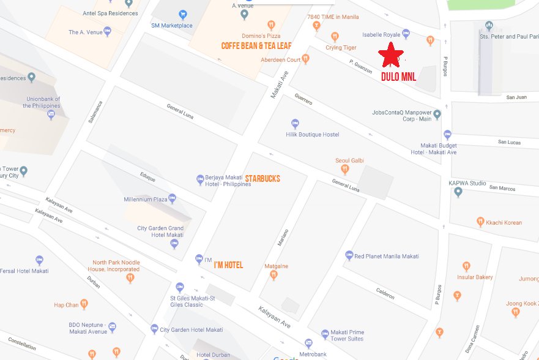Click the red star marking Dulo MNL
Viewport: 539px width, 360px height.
[x=391, y=55]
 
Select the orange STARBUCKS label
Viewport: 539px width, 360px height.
[x=262, y=179]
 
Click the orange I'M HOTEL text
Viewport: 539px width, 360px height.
[x=228, y=265]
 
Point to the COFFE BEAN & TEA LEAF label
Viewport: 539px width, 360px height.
[x=256, y=46]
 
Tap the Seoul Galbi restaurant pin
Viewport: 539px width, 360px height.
[x=344, y=170]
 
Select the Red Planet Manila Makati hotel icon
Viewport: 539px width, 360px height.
[x=349, y=255]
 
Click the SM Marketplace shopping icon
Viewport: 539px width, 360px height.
[x=182, y=15]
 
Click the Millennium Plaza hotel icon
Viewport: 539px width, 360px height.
[x=172, y=198]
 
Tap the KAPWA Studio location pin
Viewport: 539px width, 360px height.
[x=458, y=192]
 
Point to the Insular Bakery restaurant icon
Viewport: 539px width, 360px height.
[x=466, y=266]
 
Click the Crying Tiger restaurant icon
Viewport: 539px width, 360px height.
[x=335, y=37]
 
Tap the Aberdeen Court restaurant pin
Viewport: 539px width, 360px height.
[x=305, y=59]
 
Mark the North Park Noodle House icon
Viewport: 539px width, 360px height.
[x=130, y=278]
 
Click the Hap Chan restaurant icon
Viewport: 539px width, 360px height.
[x=84, y=304]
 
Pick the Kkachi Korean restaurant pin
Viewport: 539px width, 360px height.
[x=481, y=222]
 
